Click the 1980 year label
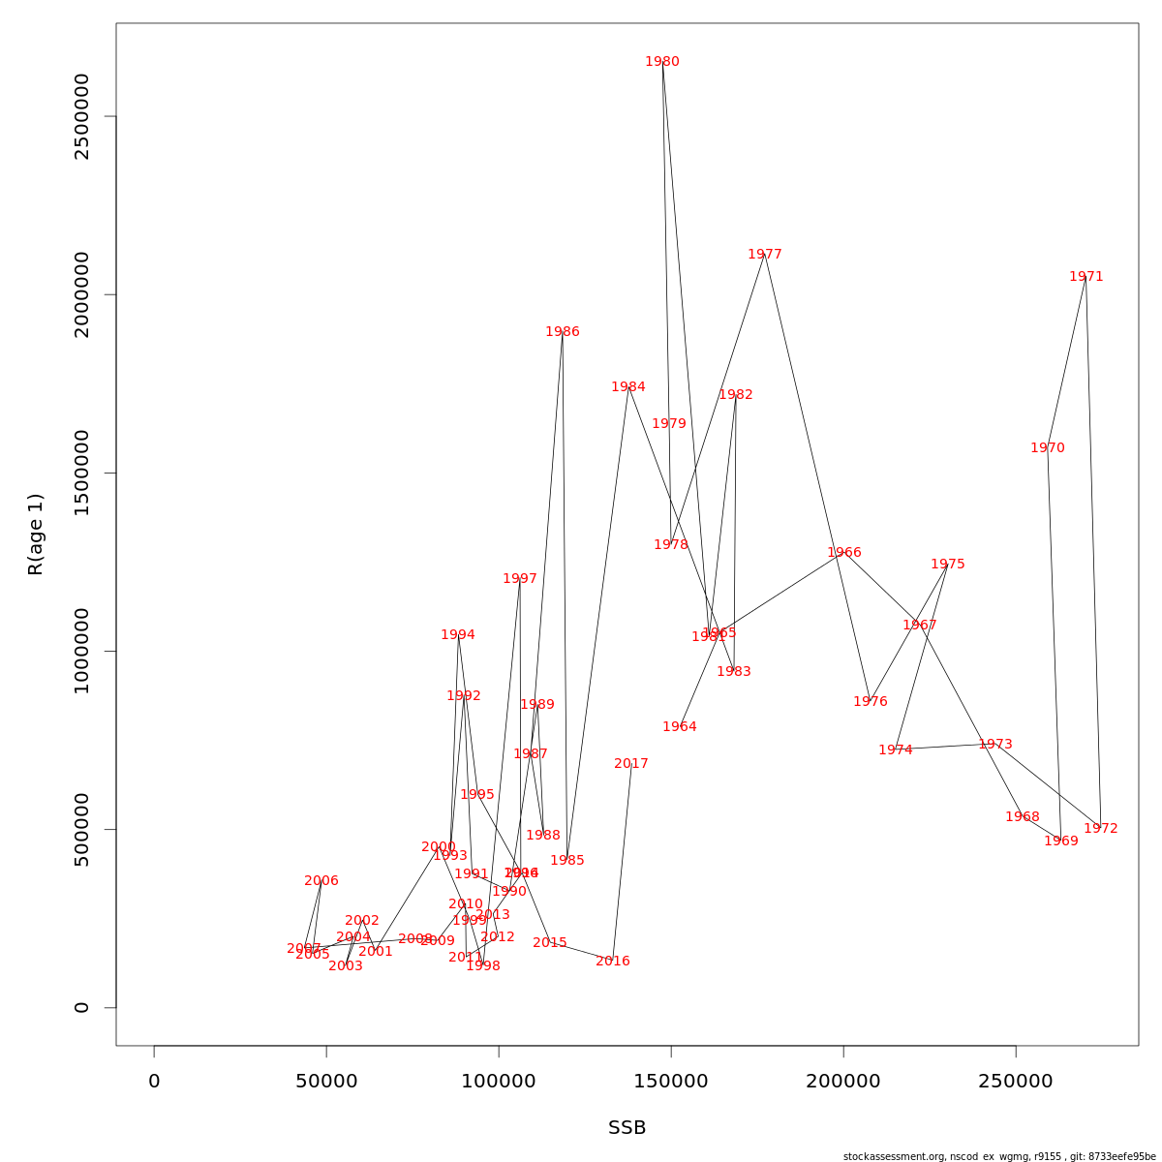point(662,62)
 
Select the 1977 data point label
point(765,255)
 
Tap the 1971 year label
point(1086,277)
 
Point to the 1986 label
point(563,332)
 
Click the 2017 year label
point(631,764)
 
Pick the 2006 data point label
point(321,881)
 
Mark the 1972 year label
point(1101,829)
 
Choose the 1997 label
point(520,579)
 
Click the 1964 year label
point(680,727)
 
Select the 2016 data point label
point(613,962)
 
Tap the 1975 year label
point(948,565)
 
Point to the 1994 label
point(458,635)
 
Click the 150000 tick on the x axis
point(671,1081)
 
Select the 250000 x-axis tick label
point(1016,1081)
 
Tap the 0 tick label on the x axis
point(154,1081)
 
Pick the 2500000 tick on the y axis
point(82,116)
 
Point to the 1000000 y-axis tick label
point(82,651)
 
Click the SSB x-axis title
point(627,1128)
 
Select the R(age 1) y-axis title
point(36,535)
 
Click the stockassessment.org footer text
point(999,1156)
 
